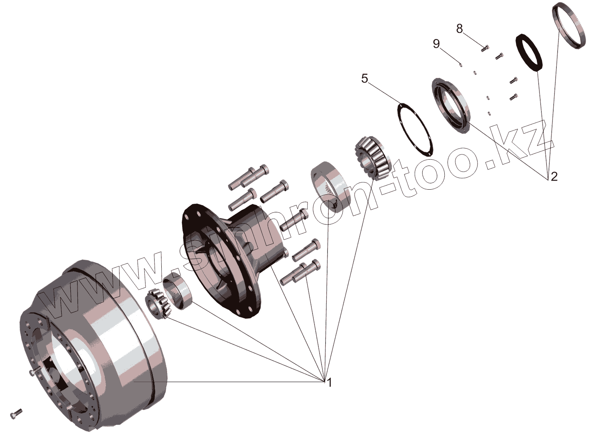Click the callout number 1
(x=329, y=382)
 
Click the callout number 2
(x=554, y=176)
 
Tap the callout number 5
(x=364, y=79)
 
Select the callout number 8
(x=459, y=29)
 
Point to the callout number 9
(x=436, y=43)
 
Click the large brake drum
(x=95, y=344)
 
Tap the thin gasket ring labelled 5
(x=415, y=128)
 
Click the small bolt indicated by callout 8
(x=485, y=48)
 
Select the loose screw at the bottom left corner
(x=16, y=414)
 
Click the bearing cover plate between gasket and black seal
(x=450, y=105)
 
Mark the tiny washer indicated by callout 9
(x=461, y=64)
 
